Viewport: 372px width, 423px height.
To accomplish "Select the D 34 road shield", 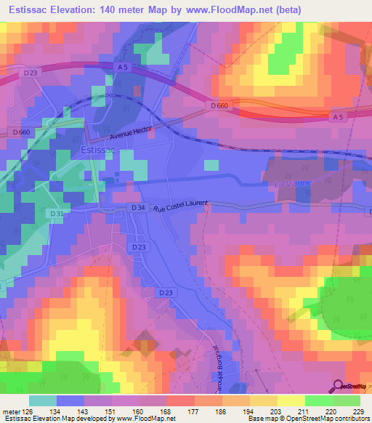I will point(138,208).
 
